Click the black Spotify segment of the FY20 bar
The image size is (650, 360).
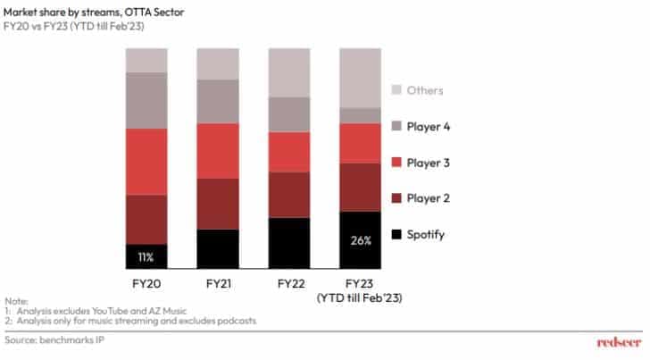click(146, 256)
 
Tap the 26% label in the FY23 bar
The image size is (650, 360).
click(361, 241)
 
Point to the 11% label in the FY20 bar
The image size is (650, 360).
click(146, 257)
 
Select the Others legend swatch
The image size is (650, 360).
click(400, 90)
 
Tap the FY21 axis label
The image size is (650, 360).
click(217, 282)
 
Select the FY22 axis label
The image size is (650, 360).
click(288, 282)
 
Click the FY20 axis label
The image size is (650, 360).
click(146, 282)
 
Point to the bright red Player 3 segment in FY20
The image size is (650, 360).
click(146, 161)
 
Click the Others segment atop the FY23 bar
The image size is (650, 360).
click(361, 78)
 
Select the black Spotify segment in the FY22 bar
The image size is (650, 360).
click(288, 243)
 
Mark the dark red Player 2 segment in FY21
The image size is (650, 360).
click(217, 204)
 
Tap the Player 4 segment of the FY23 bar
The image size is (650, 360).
click(361, 115)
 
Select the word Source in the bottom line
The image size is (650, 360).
click(21, 340)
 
